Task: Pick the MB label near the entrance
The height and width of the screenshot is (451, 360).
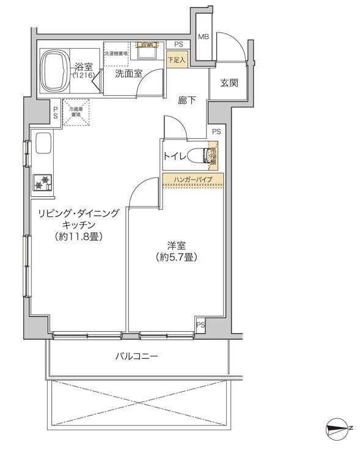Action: (x=204, y=37)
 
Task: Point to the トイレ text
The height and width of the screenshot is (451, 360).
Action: (x=175, y=156)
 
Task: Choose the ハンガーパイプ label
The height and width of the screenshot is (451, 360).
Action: (x=193, y=180)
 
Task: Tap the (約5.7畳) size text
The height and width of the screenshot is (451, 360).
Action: (x=176, y=257)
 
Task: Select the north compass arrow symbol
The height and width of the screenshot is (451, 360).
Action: (x=336, y=428)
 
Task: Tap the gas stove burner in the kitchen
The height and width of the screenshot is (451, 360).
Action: (x=43, y=182)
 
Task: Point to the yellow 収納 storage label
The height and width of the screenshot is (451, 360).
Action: (x=147, y=45)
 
